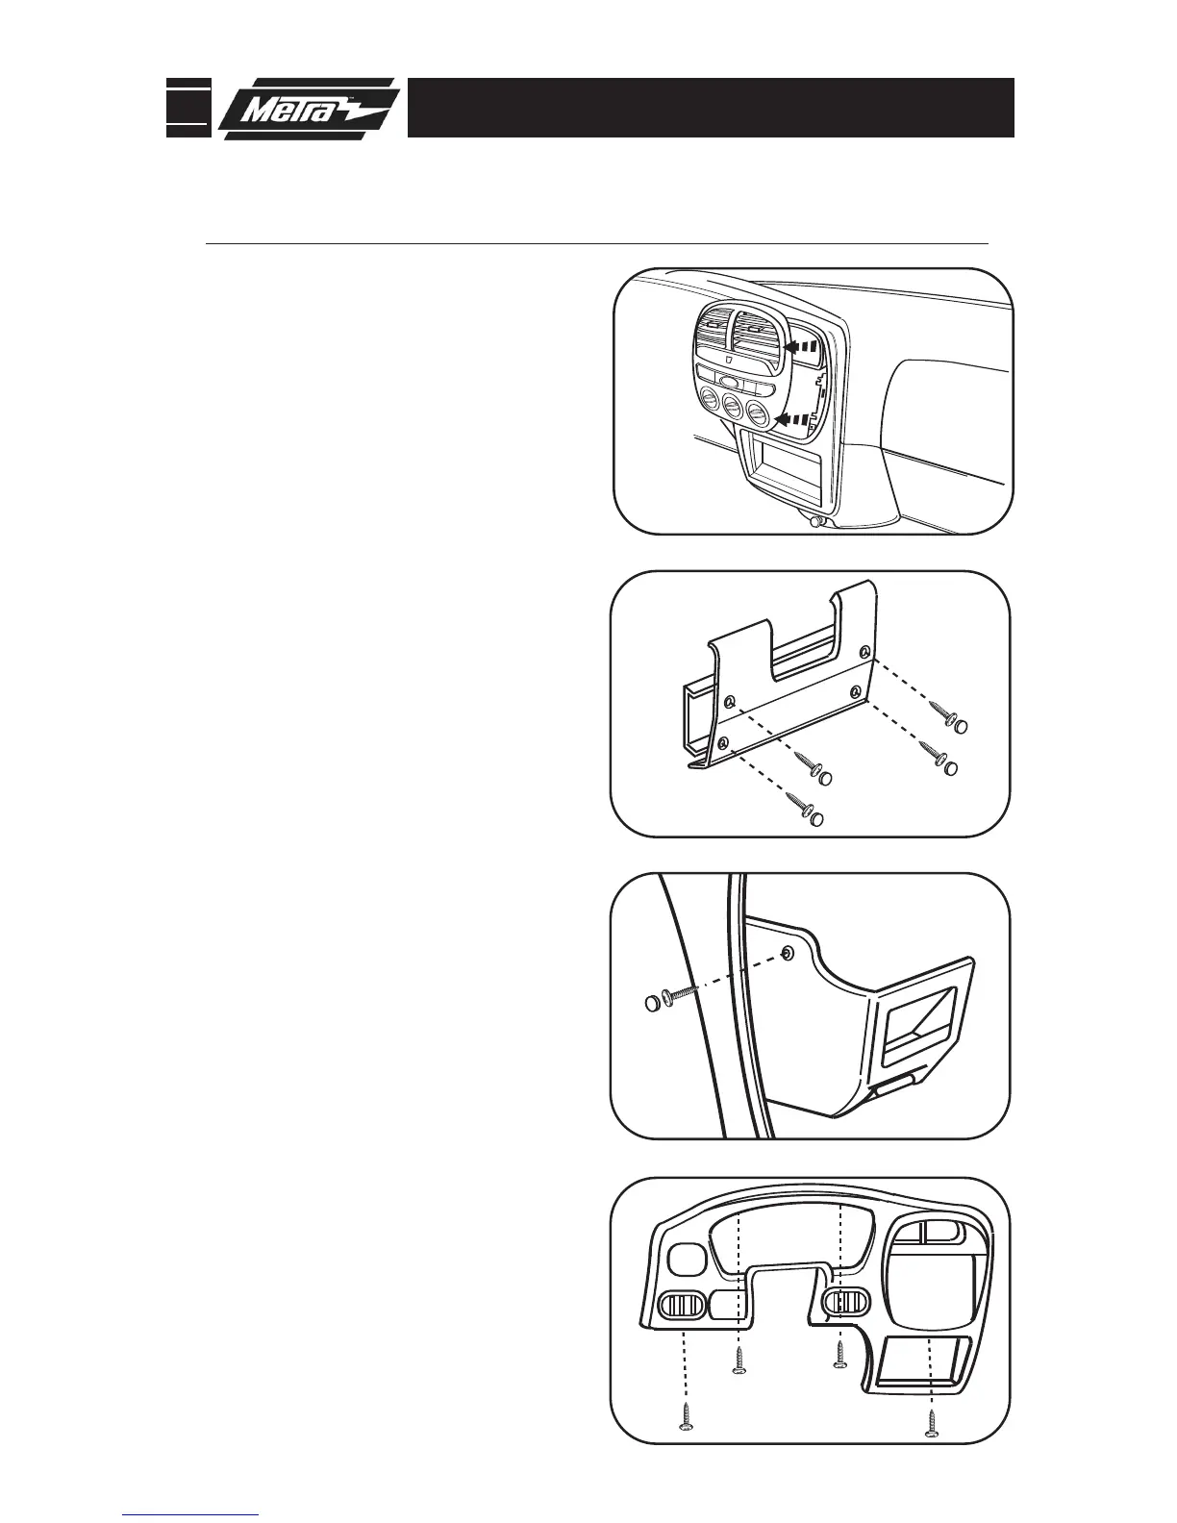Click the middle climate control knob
click(733, 410)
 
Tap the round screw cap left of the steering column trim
click(654, 1005)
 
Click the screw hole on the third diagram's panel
click(789, 952)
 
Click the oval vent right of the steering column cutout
click(847, 1302)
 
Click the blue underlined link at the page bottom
click(190, 1515)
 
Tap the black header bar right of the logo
click(712, 108)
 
